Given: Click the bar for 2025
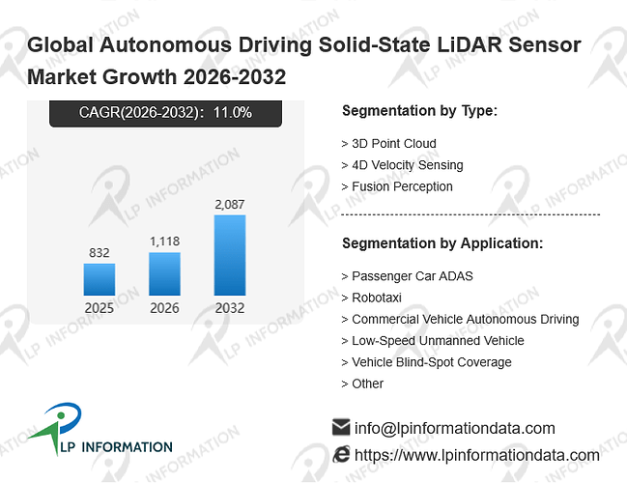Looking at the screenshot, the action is coord(100,279).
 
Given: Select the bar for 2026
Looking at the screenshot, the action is coord(164,274).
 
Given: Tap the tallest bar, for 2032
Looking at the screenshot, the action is coord(230,255).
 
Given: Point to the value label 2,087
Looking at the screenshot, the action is coord(230,205).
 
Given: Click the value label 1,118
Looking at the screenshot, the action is coord(165,241).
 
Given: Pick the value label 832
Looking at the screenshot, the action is coord(100,253).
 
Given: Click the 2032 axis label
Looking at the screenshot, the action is coord(230,308).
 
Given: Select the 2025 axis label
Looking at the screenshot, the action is coord(100,308).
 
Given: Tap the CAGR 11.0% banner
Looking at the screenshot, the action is coord(165,113).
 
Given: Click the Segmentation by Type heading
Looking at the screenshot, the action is coord(420,111).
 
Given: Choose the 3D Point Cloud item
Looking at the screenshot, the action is coord(389,144).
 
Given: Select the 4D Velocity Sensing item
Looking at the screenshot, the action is coord(402,165).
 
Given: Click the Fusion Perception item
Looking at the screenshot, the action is coord(397,186).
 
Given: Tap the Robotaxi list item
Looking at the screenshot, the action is coord(372,298).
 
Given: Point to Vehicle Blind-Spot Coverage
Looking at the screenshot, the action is coord(427,362).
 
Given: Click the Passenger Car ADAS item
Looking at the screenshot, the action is coord(407,276).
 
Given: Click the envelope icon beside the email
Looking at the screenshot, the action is coord(341,427).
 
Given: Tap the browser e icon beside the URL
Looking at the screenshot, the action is coord(341,455).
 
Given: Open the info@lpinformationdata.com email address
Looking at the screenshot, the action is coord(455,428).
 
